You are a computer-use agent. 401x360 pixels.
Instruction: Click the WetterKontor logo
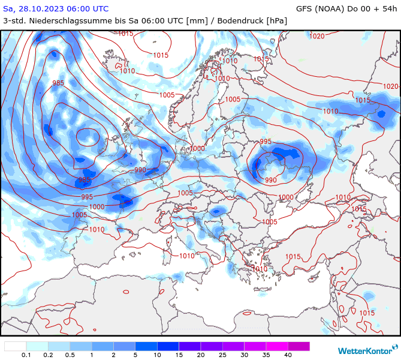click(x=364, y=350)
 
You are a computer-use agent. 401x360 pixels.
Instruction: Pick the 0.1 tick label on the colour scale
click(x=26, y=355)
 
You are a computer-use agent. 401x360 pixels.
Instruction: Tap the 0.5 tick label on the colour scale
click(x=70, y=355)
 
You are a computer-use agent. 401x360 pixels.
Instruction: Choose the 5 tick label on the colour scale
click(x=135, y=355)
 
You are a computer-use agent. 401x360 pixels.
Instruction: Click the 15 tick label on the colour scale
click(x=179, y=355)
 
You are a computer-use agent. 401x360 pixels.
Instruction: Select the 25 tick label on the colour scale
click(x=222, y=355)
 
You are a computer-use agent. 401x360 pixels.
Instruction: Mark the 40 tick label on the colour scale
click(x=288, y=355)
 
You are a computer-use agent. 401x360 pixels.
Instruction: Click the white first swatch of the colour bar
click(x=16, y=346)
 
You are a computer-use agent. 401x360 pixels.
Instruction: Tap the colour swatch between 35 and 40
click(x=277, y=346)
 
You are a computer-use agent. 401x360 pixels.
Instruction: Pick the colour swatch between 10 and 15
click(x=168, y=346)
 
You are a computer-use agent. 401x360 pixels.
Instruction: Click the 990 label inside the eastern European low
click(x=271, y=180)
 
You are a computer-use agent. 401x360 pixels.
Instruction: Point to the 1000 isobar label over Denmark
click(x=197, y=148)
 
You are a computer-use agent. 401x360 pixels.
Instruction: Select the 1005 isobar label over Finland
click(x=233, y=100)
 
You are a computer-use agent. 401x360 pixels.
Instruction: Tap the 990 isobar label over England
click(x=140, y=170)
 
